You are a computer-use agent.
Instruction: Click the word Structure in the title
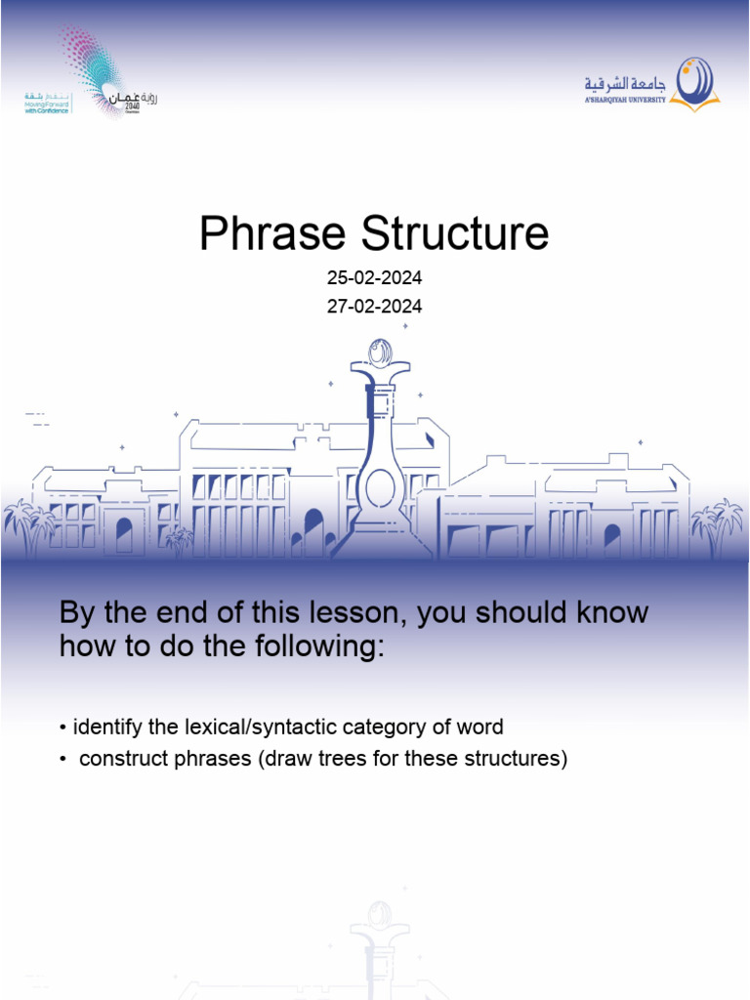pos(455,234)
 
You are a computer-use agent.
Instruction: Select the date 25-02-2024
pos(374,279)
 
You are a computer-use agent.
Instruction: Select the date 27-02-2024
pos(374,307)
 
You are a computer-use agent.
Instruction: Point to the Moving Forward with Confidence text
pos(47,104)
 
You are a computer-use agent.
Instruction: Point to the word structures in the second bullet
pos(510,759)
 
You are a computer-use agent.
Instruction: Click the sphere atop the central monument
pos(380,352)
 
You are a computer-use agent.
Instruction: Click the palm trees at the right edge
pos(718,522)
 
